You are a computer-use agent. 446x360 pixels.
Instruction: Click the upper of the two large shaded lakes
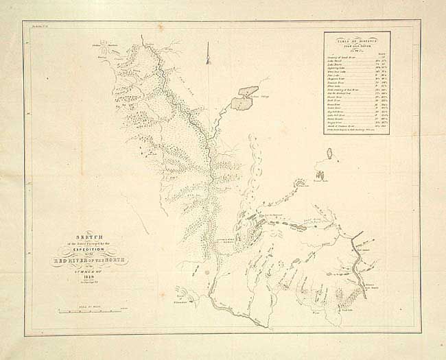pyautogui.click(x=248, y=91)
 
